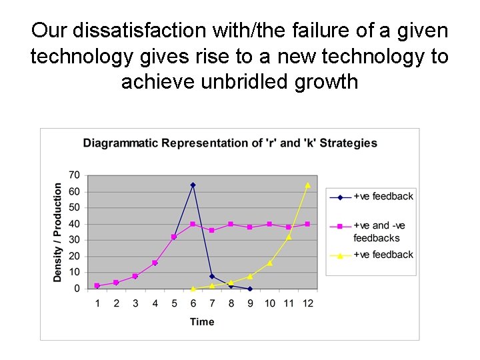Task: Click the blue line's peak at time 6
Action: (193, 185)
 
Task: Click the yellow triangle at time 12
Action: (307, 185)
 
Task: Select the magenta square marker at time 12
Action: (307, 224)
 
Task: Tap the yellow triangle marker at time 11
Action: (289, 237)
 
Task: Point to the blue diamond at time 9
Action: (250, 289)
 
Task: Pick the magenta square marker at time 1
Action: (97, 285)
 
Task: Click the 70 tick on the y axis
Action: (74, 175)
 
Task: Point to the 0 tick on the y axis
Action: (77, 289)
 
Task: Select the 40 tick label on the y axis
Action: (74, 224)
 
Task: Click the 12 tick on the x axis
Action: (307, 303)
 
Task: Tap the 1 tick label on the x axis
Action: (97, 303)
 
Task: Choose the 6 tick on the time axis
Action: (193, 303)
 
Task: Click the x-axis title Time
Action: (202, 322)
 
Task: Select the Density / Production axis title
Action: (58, 232)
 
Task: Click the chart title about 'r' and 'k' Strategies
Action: (230, 143)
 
